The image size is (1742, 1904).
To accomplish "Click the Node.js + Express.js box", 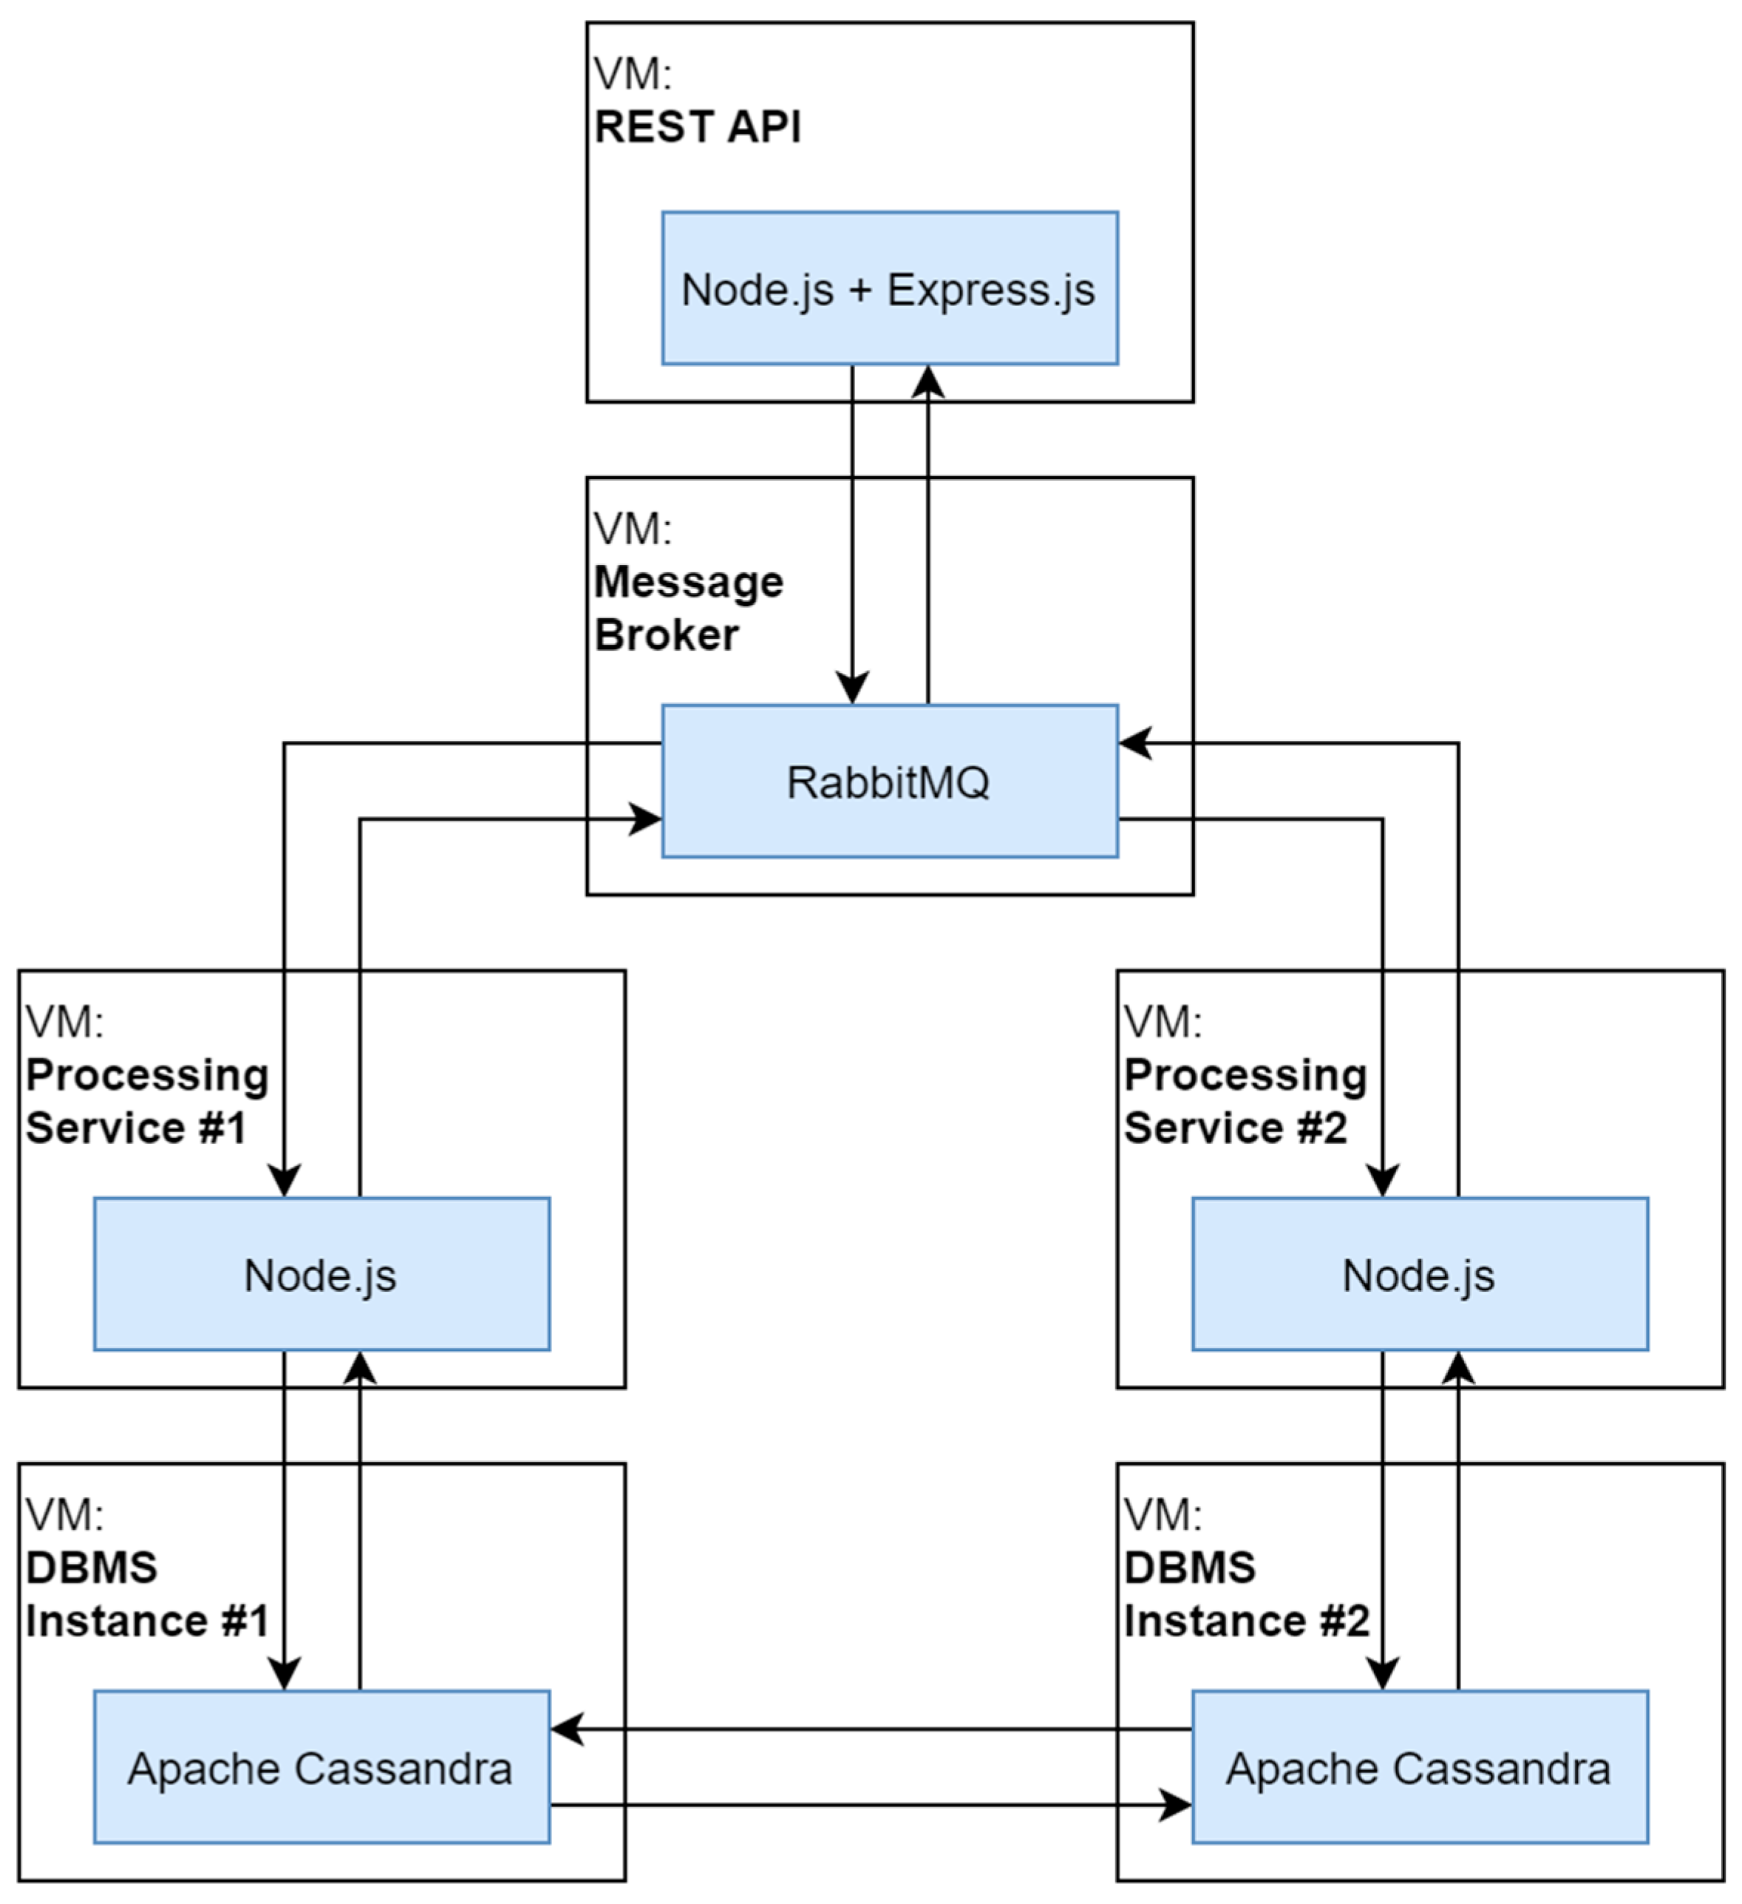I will [888, 288].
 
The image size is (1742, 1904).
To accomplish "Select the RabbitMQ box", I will [888, 781].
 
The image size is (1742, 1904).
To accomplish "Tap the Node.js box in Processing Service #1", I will [321, 1274].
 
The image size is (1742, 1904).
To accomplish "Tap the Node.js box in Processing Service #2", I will [1419, 1274].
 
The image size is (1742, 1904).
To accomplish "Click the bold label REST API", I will [697, 126].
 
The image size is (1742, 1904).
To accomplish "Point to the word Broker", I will [666, 634].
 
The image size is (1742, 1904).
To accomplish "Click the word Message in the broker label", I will [688, 582].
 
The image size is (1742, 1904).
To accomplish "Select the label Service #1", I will [135, 1128].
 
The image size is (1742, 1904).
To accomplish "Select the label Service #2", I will [1235, 1128].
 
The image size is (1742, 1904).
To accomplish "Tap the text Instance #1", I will [146, 1621].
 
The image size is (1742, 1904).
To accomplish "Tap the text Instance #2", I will [1246, 1621].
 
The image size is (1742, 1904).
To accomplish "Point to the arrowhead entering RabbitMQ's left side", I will [647, 819].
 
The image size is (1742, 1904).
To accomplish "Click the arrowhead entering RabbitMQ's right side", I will [1135, 743].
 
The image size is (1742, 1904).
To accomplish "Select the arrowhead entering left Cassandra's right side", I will [567, 1729].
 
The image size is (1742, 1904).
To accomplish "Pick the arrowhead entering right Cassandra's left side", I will [1175, 1805].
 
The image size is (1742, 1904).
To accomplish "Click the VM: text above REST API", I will [632, 74].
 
